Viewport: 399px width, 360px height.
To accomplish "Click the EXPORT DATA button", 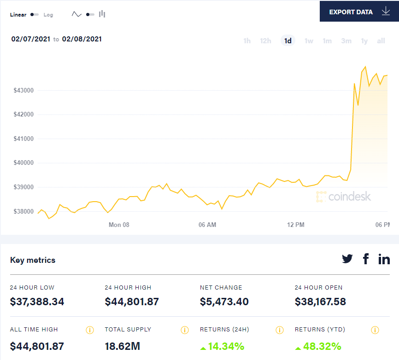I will coord(359,12).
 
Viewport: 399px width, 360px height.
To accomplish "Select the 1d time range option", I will coord(288,41).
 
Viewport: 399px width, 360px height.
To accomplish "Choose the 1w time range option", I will coord(309,41).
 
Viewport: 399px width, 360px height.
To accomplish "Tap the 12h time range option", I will coord(265,41).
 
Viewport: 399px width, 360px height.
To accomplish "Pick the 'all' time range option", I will coord(381,41).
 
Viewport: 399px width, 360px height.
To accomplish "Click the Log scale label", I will coord(48,15).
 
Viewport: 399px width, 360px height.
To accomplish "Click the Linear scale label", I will coord(18,15).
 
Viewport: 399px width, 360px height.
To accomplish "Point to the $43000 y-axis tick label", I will coord(23,90).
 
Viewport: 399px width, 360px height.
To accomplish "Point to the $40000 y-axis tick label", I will coord(23,163).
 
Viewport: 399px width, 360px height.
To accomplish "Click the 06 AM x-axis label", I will coord(207,225).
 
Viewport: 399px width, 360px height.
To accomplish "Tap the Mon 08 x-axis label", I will coord(119,225).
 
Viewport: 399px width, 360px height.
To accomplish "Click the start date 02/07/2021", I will coord(31,39).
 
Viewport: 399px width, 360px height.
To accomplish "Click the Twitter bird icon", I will coord(347,259).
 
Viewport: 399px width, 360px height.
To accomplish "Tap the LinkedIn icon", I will coord(384,259).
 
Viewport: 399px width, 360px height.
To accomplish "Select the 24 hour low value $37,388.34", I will coord(37,302).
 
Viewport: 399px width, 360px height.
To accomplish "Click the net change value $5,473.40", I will coord(224,302).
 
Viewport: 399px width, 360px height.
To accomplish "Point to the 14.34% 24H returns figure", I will coord(226,346).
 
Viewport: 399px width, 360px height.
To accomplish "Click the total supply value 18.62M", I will coord(123,346).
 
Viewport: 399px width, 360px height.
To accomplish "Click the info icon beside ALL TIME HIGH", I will coord(90,330).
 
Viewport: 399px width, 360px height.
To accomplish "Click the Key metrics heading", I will coord(33,260).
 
